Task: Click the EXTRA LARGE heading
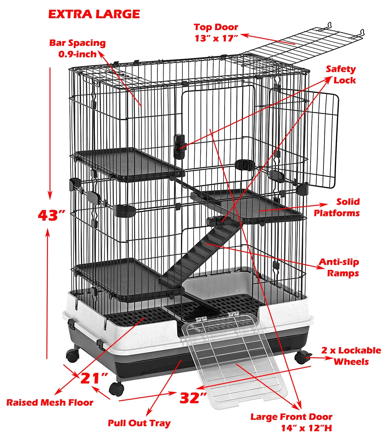[x=94, y=14]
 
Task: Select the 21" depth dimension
[x=94, y=378]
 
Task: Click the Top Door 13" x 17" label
[x=216, y=33]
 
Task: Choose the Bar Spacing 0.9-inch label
[x=78, y=48]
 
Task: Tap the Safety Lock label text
[x=341, y=75]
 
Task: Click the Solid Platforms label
[x=337, y=207]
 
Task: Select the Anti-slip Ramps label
[x=340, y=267]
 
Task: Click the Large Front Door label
[x=291, y=422]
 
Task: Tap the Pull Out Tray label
[x=139, y=423]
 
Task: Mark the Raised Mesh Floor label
[x=50, y=403]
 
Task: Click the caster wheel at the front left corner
[x=116, y=389]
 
